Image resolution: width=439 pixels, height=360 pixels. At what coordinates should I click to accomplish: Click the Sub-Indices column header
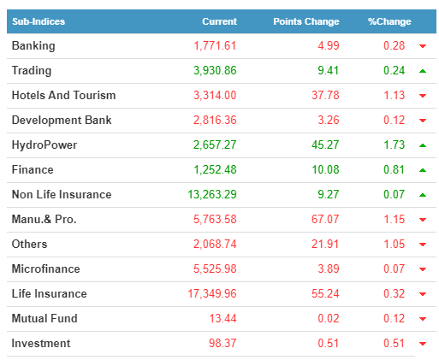(39, 21)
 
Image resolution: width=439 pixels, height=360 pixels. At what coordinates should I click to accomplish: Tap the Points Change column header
(306, 21)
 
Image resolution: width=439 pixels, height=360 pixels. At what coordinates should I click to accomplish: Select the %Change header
(389, 21)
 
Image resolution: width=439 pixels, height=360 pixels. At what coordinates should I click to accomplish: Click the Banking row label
(33, 46)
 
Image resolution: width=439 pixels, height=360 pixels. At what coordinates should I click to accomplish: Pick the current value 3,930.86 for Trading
(215, 70)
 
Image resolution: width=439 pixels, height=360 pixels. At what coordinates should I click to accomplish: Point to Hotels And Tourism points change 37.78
(325, 95)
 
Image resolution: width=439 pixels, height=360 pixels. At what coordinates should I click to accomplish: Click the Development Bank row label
(62, 120)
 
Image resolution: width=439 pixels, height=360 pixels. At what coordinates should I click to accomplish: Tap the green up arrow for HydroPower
(423, 145)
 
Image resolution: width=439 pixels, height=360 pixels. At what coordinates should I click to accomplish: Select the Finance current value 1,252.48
(215, 169)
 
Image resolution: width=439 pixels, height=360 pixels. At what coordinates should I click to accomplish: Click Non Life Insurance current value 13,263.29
(212, 194)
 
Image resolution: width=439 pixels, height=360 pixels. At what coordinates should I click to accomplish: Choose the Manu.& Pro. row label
(44, 219)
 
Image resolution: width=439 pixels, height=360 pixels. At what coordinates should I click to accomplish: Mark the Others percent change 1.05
(394, 244)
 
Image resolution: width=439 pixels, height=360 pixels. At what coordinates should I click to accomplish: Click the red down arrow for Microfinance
(423, 269)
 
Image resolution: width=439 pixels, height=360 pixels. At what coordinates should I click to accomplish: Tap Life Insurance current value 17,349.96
(212, 293)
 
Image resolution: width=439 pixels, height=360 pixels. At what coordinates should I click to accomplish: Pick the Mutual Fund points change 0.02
(329, 318)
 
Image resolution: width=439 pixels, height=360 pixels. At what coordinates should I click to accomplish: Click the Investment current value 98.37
(222, 343)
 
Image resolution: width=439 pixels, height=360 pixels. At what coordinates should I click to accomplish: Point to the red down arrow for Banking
(423, 46)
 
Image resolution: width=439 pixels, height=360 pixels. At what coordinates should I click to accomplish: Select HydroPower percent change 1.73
(394, 145)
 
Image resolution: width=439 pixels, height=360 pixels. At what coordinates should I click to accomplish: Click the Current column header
(219, 21)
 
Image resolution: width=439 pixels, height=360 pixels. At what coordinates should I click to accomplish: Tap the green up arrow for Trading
(423, 71)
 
